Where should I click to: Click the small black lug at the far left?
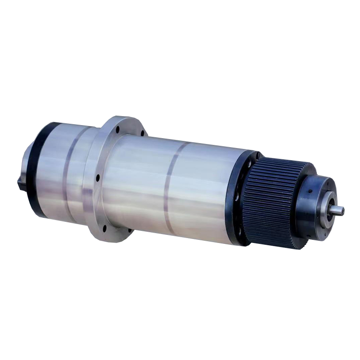(20, 184)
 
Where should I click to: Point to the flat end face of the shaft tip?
(342, 211)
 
